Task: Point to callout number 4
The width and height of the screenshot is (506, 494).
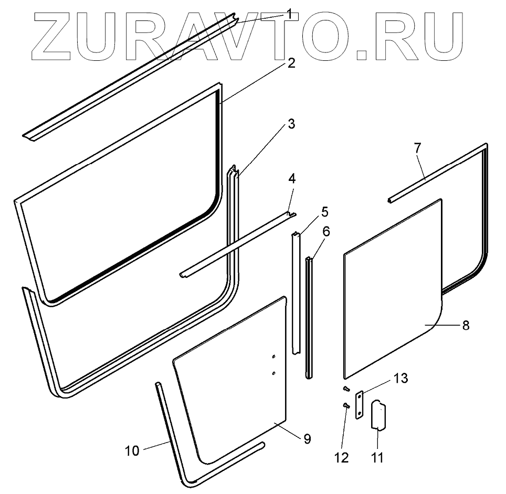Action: pyautogui.click(x=292, y=178)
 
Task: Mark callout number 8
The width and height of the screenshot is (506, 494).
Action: pyautogui.click(x=465, y=325)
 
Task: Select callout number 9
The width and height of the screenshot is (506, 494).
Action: pyautogui.click(x=307, y=438)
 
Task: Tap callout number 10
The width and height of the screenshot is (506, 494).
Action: pyautogui.click(x=132, y=450)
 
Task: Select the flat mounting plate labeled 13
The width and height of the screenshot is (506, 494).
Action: pyautogui.click(x=360, y=404)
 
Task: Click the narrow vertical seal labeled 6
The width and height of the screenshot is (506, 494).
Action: pyautogui.click(x=309, y=315)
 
